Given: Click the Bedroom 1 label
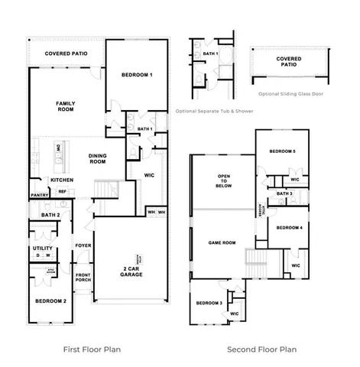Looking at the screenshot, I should tap(137, 75).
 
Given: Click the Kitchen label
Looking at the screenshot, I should tap(61, 180).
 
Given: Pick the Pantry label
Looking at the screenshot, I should tap(40, 195).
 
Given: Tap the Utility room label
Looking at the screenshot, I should tap(42, 248).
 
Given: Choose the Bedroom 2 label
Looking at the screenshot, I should tap(50, 301).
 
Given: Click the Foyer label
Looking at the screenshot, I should tap(83, 245).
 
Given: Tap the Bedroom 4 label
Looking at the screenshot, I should tap(289, 228).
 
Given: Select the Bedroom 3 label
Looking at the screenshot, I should tap(209, 304).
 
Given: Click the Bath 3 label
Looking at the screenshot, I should tap(284, 193).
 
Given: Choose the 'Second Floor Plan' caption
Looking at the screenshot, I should tap(261, 349).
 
